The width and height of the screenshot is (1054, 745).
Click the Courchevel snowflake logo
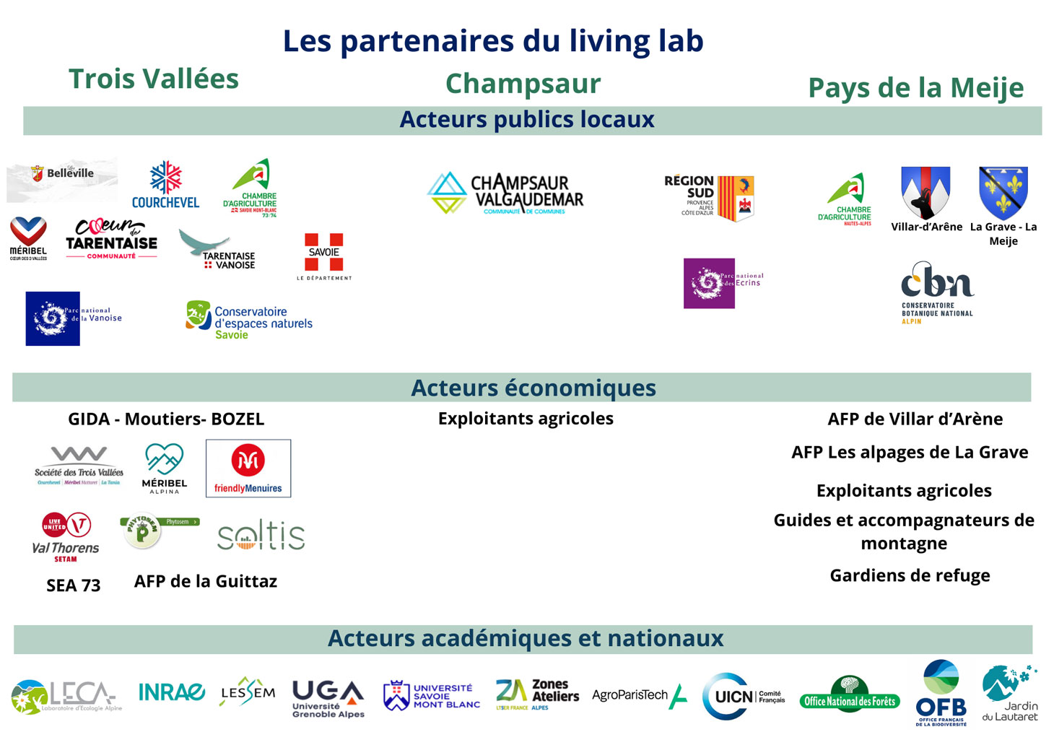[165, 184]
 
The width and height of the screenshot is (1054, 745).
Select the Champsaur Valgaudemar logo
[505, 193]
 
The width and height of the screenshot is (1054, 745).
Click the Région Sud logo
[709, 196]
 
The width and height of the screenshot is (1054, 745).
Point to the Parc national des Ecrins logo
[723, 283]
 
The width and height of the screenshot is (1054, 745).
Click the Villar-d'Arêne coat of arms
[925, 192]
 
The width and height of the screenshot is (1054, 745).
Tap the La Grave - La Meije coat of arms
[1003, 193]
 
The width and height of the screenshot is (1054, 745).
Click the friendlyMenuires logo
[248, 469]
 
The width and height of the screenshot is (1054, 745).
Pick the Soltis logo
[261, 536]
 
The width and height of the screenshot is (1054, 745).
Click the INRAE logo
[171, 693]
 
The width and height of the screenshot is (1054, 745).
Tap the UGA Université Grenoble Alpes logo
[328, 698]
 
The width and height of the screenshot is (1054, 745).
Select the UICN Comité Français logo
[743, 697]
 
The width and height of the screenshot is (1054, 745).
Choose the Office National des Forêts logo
[850, 694]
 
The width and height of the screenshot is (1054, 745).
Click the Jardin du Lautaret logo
[1009, 694]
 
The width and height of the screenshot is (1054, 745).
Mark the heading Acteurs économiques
[533, 388]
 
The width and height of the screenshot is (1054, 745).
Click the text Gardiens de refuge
[910, 575]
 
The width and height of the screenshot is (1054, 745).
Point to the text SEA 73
[74, 585]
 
